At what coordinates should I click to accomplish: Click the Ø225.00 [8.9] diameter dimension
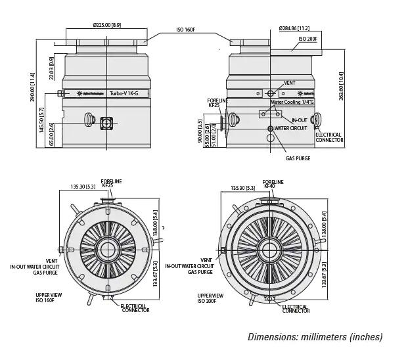tap(106, 25)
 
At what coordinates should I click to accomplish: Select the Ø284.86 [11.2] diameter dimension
tap(294, 28)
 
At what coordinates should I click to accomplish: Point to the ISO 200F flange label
tap(307, 39)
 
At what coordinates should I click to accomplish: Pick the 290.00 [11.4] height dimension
tap(32, 87)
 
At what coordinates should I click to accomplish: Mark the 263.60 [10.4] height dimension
tap(341, 85)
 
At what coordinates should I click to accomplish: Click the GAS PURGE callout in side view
tap(298, 158)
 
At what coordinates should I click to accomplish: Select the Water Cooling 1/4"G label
tap(292, 102)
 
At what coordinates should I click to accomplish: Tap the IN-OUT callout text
tap(299, 120)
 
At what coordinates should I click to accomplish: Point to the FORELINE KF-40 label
tap(273, 184)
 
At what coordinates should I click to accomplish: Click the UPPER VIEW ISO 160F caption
tap(49, 298)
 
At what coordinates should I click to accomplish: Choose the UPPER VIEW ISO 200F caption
tap(210, 298)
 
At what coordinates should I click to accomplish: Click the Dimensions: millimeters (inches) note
tap(315, 337)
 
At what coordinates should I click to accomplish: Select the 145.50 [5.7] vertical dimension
tap(42, 120)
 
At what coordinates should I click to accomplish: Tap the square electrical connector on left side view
tap(106, 123)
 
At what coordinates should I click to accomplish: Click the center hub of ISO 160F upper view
tap(108, 250)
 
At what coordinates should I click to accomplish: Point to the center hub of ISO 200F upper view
tap(269, 250)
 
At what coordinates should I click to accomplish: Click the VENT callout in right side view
tap(290, 83)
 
